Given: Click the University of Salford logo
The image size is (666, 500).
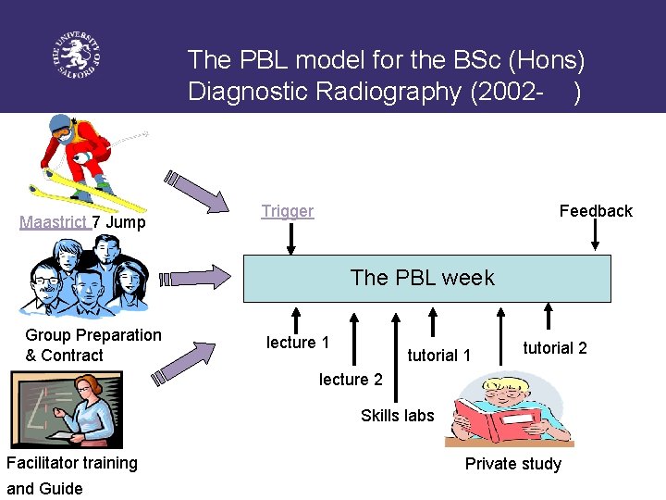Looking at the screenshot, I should click(75, 57).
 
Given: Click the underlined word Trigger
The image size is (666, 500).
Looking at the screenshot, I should click(287, 211).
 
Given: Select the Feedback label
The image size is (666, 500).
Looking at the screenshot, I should click(596, 211).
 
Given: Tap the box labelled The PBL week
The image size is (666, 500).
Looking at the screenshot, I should click(426, 278).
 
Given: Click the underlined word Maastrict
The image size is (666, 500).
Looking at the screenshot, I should click(54, 222).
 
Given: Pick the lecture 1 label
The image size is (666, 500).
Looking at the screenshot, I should click(298, 343).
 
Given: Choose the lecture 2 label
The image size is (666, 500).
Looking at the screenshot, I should click(351, 380).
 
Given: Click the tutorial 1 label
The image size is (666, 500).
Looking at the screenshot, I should click(438, 356).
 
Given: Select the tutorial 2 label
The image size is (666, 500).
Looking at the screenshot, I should click(555, 348).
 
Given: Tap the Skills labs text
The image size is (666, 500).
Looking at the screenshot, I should click(397, 416).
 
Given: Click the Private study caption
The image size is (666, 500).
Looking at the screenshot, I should click(512, 464).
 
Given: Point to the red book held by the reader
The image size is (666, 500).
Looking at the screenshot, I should click(505, 422).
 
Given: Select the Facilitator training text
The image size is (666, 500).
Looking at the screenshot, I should click(72, 463).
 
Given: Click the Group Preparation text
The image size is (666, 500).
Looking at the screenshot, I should click(92, 335).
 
